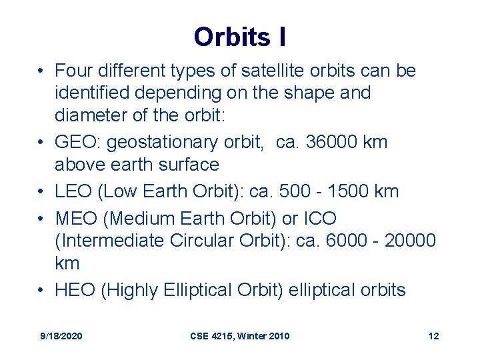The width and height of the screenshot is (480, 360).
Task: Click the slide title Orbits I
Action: [240, 37]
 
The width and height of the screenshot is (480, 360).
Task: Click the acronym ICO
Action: [319, 218]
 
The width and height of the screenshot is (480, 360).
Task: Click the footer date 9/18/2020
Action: [61, 336]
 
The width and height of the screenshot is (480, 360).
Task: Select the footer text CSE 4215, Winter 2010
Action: [239, 336]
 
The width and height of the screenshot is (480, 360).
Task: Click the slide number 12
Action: [433, 336]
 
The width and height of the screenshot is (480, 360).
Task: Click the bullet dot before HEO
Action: [42, 291]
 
